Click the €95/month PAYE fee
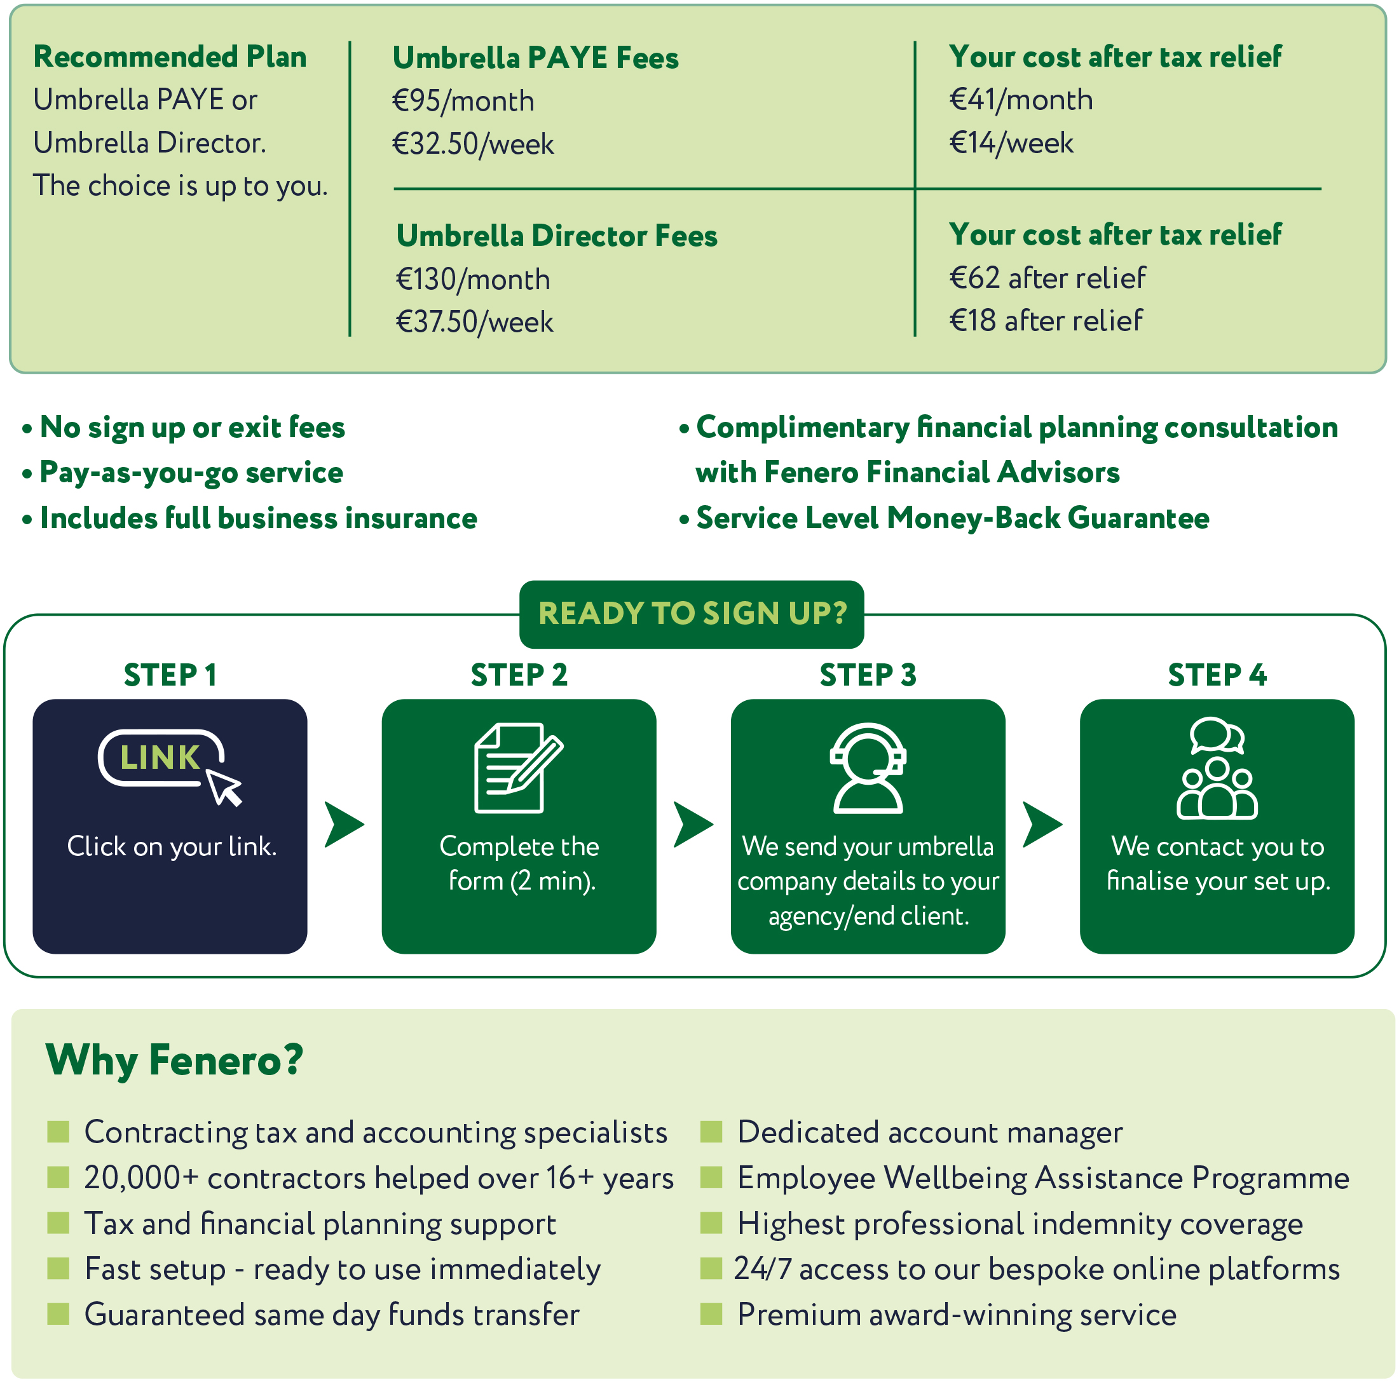tap(463, 100)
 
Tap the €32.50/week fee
tap(473, 144)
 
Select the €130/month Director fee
tap(473, 280)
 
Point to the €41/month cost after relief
tap(1020, 100)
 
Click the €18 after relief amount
tap(1046, 321)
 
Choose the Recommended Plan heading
tap(170, 57)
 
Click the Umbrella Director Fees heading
tap(556, 236)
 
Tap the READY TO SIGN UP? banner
tap(692, 614)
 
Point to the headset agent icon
tap(868, 768)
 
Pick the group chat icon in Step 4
tap(1217, 768)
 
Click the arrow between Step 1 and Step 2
tap(343, 824)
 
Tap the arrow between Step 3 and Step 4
tap(1041, 824)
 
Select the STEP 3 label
tap(868, 675)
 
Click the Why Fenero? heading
tap(174, 1060)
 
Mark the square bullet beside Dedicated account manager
tap(711, 1132)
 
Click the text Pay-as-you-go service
tap(191, 473)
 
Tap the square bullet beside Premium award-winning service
tap(711, 1314)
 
